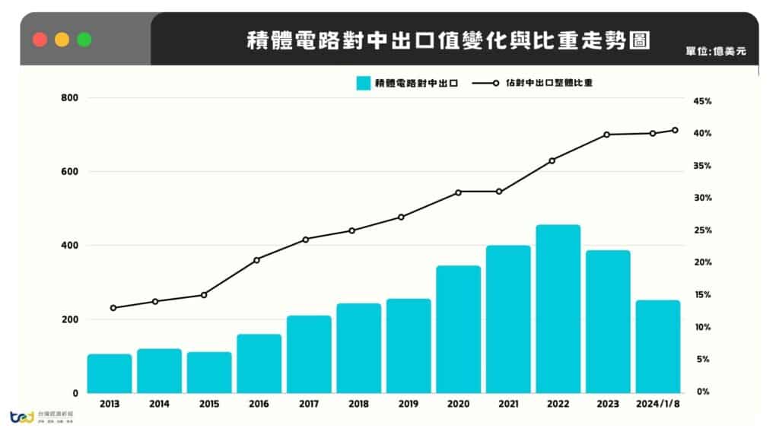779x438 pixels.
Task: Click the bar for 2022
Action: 558,309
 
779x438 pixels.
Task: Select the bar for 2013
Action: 110,373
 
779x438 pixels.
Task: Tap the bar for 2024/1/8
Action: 657,347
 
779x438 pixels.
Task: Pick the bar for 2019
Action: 409,346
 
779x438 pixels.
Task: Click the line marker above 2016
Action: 256,260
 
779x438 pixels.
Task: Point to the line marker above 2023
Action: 606,135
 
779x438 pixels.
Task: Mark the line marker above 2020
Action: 458,192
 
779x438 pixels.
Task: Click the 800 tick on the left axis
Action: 69,98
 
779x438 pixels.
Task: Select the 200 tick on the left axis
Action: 69,319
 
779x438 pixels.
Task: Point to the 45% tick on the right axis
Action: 701,101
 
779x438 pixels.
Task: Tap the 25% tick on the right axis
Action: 701,230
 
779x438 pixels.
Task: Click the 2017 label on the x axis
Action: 309,404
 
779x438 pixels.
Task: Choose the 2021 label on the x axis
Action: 508,404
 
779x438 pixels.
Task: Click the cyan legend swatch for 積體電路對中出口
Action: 363,83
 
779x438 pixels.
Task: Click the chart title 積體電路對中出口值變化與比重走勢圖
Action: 449,40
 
